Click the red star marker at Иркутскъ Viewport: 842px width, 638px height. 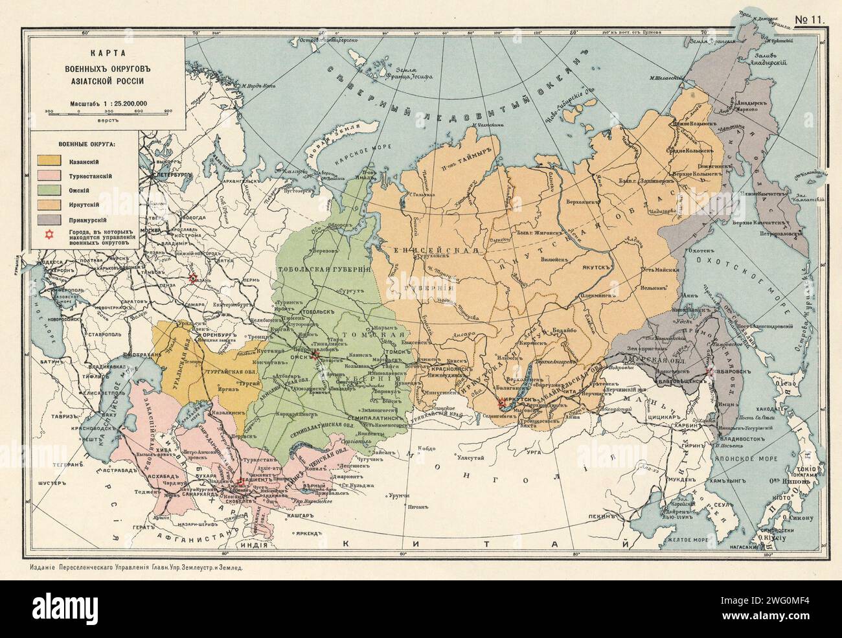click(x=499, y=404)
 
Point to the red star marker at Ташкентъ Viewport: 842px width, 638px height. click(x=240, y=480)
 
